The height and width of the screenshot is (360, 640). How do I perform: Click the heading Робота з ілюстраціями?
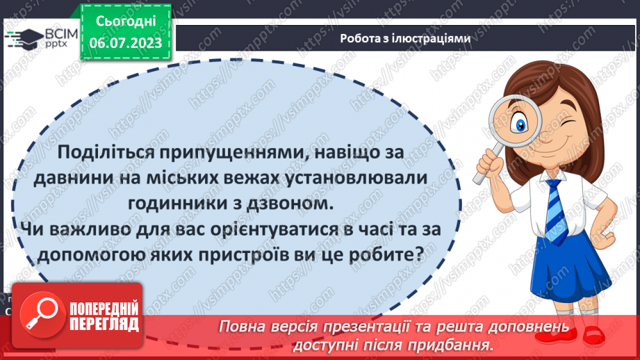point(405,39)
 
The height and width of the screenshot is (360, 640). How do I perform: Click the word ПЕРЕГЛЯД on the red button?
point(104,325)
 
